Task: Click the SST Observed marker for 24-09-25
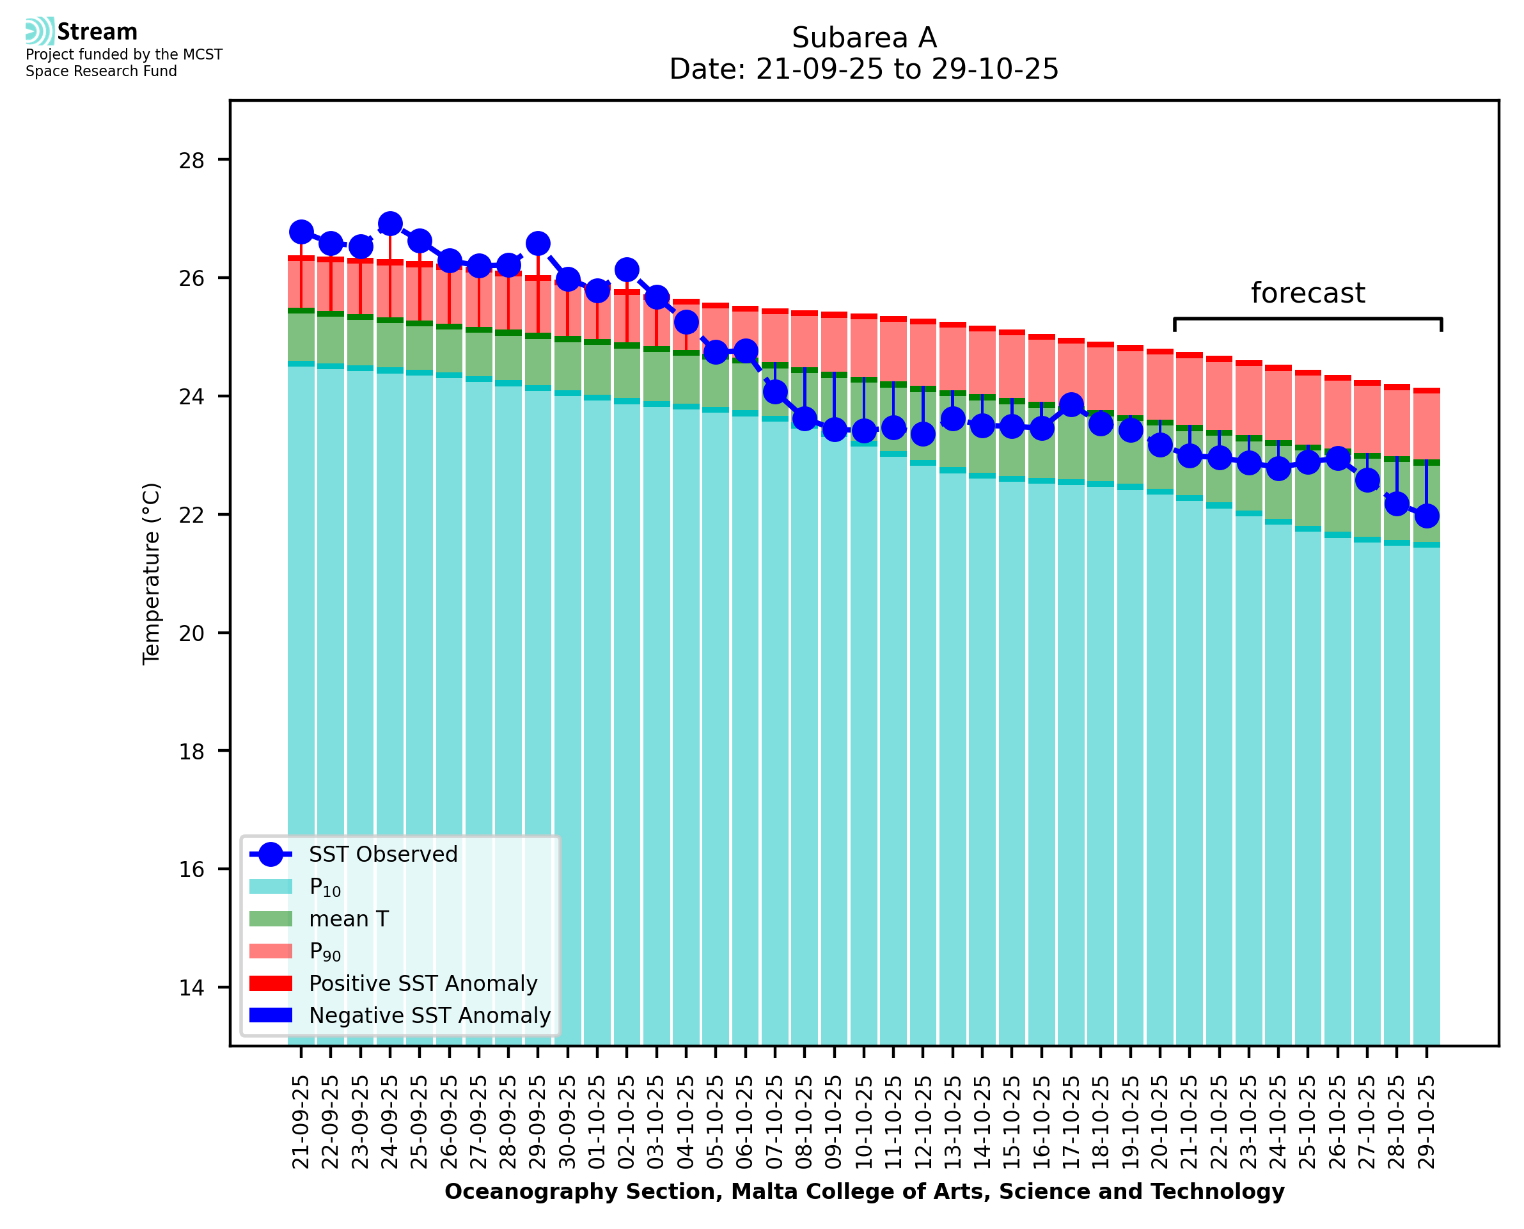click(x=390, y=225)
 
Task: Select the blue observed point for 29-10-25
click(x=1426, y=516)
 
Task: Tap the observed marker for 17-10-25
click(x=1071, y=405)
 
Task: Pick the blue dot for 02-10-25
click(x=627, y=270)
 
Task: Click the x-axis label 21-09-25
click(x=301, y=1122)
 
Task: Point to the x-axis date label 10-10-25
click(x=863, y=1122)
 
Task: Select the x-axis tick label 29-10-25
click(x=1426, y=1122)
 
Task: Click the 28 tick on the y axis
click(x=191, y=161)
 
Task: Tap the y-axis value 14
click(x=191, y=988)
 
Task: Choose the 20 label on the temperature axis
click(x=191, y=633)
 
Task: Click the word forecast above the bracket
click(x=1307, y=293)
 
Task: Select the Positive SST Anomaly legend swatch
click(x=271, y=983)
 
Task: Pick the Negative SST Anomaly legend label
click(x=430, y=1015)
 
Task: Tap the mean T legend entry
click(x=349, y=919)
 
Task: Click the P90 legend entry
click(x=325, y=951)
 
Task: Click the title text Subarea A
click(x=864, y=38)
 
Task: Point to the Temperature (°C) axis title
click(x=152, y=573)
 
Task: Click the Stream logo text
click(x=97, y=32)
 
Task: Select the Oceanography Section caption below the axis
click(x=864, y=1191)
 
